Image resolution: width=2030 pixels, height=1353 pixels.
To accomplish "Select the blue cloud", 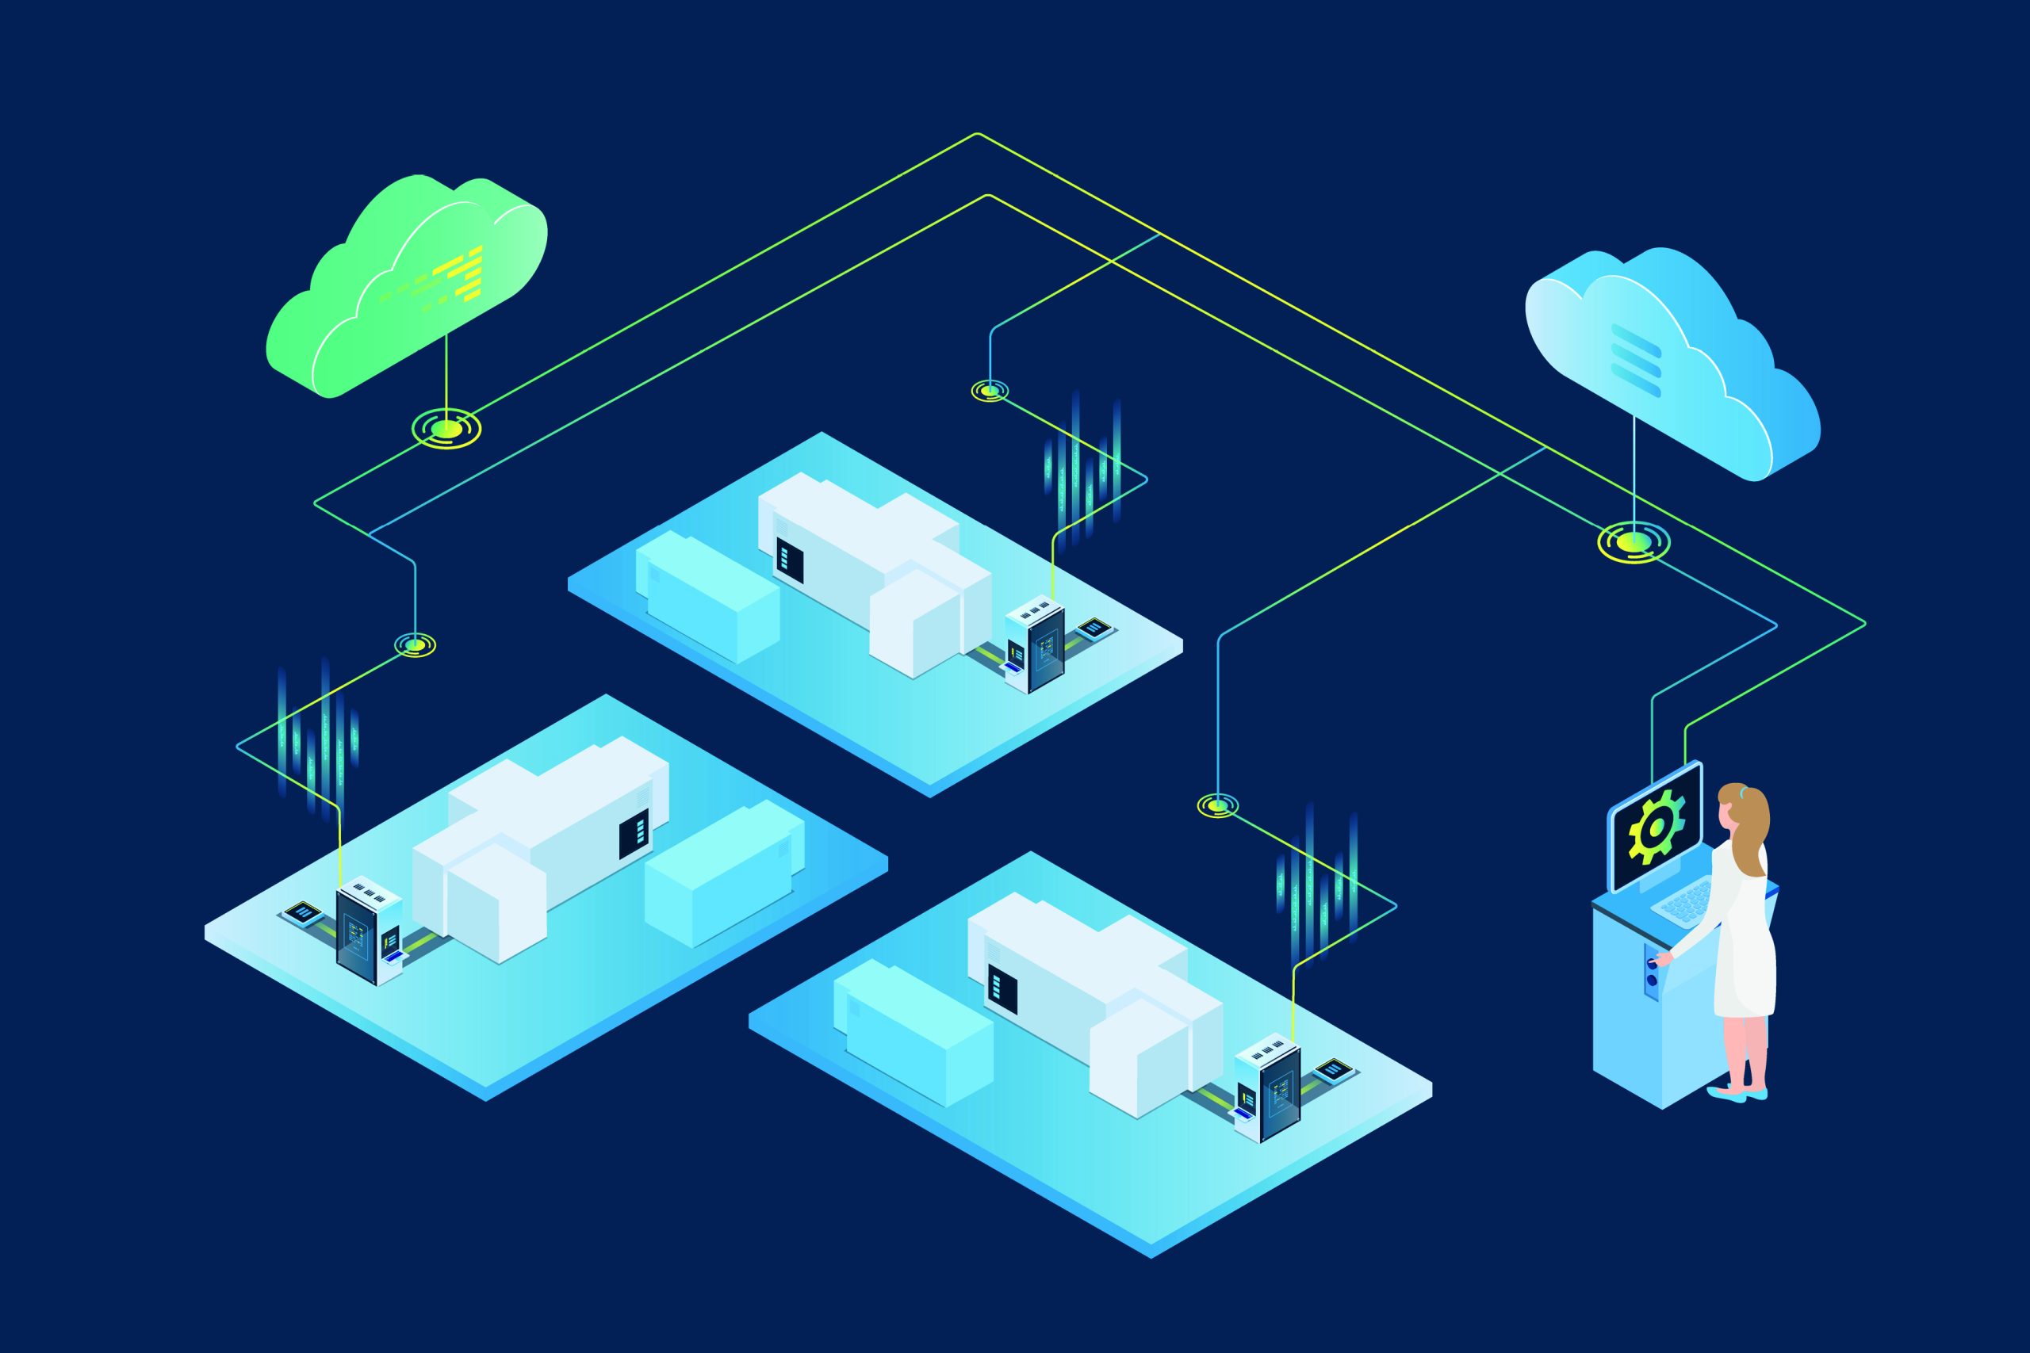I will pos(1666,362).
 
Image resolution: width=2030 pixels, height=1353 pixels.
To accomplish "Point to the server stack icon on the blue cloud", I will pos(1636,360).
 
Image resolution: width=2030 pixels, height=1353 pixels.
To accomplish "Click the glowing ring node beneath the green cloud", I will pos(446,427).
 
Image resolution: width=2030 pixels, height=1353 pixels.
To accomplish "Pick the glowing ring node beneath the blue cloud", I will pos(1633,542).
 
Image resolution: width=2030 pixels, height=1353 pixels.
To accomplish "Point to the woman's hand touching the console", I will pos(1662,957).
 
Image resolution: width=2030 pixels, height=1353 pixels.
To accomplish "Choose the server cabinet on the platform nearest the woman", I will pos(1269,1091).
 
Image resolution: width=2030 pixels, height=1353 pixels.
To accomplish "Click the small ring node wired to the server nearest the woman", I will pos(1218,806).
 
